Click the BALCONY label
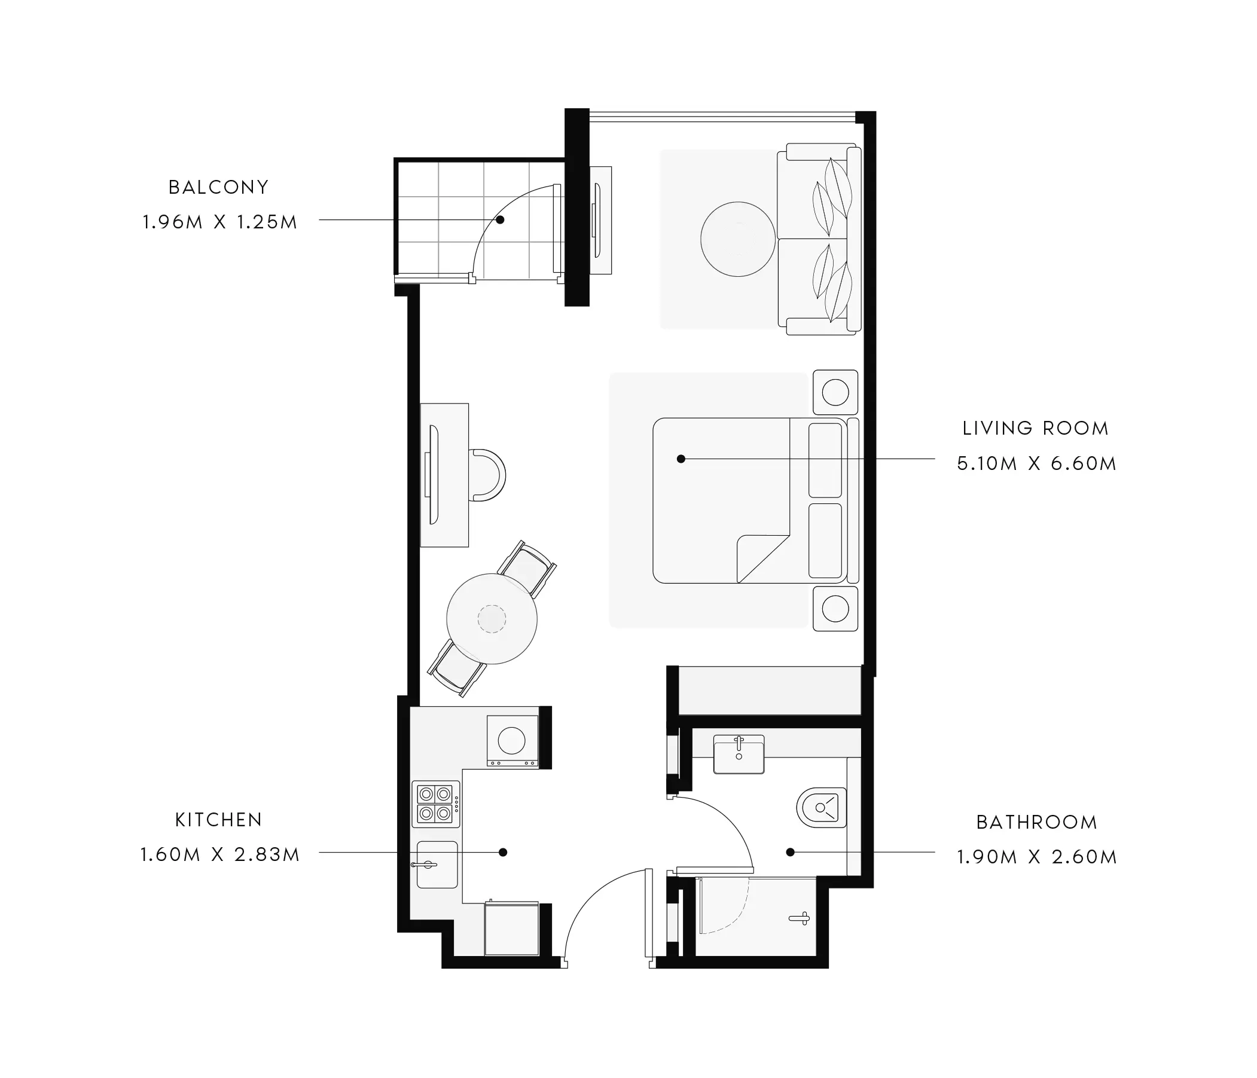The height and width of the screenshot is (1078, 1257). pos(218,187)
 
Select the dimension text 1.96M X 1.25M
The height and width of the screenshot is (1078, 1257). pos(219,222)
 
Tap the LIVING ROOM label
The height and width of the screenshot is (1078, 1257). pos(1036,428)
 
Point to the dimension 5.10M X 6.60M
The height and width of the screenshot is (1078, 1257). pos(1037,463)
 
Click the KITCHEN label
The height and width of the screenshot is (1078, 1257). pos(218,820)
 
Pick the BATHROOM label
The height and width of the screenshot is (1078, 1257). pos(1037,822)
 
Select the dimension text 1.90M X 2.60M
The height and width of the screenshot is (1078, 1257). pos(1037,857)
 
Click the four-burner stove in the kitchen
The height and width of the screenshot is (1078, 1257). pos(435,804)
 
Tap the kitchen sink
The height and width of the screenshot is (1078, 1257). pos(437,865)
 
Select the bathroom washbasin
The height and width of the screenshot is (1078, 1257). pos(739,754)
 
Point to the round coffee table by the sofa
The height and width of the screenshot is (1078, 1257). pos(738,239)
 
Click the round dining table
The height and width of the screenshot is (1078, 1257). pos(492,619)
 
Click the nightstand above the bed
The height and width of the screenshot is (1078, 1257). pos(835,392)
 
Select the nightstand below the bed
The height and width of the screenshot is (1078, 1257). pos(835,609)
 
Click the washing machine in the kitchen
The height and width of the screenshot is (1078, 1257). pos(512,740)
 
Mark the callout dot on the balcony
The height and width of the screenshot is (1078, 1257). pos(500,219)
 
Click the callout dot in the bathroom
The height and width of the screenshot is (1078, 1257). pos(790,853)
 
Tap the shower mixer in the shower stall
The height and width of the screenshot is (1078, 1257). pos(800,918)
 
